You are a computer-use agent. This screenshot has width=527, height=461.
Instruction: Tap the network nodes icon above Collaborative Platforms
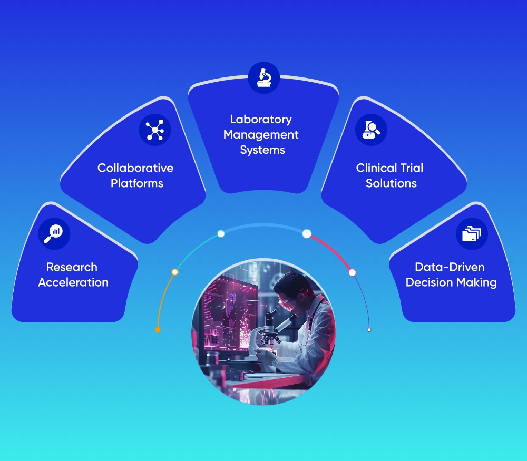[155, 130]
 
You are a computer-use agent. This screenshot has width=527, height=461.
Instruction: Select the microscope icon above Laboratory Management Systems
[263, 77]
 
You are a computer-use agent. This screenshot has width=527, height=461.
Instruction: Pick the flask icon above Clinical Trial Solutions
[371, 130]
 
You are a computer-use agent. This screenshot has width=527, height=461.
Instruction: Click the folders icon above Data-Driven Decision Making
[472, 233]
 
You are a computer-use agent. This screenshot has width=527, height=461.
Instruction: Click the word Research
[72, 267]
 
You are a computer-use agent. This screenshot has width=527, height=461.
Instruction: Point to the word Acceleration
[73, 282]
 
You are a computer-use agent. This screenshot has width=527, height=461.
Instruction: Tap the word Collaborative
[135, 168]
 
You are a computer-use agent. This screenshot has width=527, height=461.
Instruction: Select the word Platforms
[137, 183]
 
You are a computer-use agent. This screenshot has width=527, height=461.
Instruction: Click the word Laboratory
[261, 119]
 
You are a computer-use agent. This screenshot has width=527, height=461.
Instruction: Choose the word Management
[261, 134]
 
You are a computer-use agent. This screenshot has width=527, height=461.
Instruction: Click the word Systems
[262, 150]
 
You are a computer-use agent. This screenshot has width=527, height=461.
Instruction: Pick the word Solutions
[391, 183]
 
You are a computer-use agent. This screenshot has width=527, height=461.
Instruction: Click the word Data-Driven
[450, 267]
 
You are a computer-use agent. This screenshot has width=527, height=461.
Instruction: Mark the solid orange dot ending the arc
[157, 330]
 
